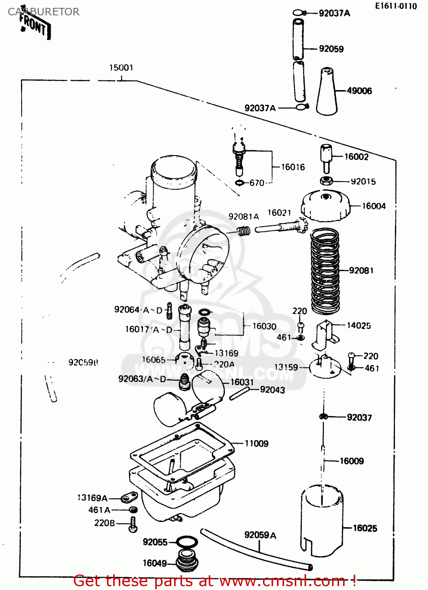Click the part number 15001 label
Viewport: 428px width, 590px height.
tap(121, 68)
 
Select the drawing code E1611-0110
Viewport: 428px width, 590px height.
tap(395, 6)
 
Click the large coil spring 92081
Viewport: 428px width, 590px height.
tap(325, 271)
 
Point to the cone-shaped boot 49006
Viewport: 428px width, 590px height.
tap(327, 92)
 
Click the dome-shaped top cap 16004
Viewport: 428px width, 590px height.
tap(325, 205)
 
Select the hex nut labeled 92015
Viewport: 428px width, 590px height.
tap(326, 181)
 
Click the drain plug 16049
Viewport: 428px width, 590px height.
tap(187, 560)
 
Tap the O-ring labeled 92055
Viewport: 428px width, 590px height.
tap(187, 542)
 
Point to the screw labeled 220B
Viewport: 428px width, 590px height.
tap(133, 524)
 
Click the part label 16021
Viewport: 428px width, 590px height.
tap(279, 213)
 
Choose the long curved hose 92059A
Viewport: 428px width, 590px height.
tap(255, 551)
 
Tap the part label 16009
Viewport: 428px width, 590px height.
tap(351, 461)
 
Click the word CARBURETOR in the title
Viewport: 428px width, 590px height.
tap(44, 12)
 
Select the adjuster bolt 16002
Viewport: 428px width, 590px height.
tap(326, 157)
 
